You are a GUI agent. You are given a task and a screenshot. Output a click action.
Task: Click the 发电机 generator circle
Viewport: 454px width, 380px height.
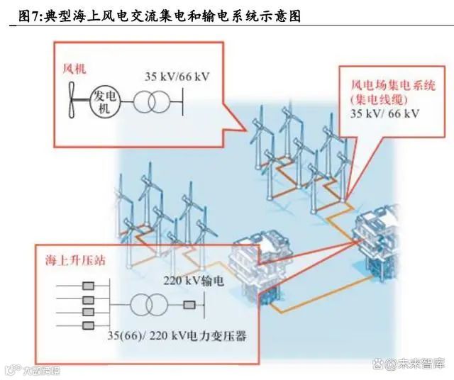(104, 101)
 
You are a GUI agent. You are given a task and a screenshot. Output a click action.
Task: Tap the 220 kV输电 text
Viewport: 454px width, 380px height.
(194, 281)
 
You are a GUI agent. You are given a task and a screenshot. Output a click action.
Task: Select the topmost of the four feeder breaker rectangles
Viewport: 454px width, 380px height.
(89, 286)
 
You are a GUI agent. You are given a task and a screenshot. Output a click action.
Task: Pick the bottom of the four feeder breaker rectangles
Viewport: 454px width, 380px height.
(89, 325)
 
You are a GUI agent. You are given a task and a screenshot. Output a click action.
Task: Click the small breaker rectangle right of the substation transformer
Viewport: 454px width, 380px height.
(189, 306)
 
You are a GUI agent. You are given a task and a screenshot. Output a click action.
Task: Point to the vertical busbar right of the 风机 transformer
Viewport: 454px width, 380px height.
(183, 102)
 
